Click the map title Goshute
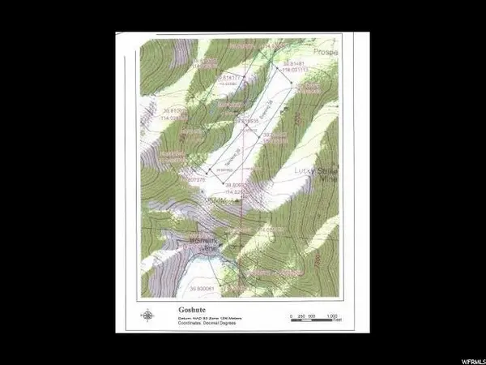(178, 309)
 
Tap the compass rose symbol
(147, 316)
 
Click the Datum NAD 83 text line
(202, 318)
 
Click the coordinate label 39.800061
(204, 289)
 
